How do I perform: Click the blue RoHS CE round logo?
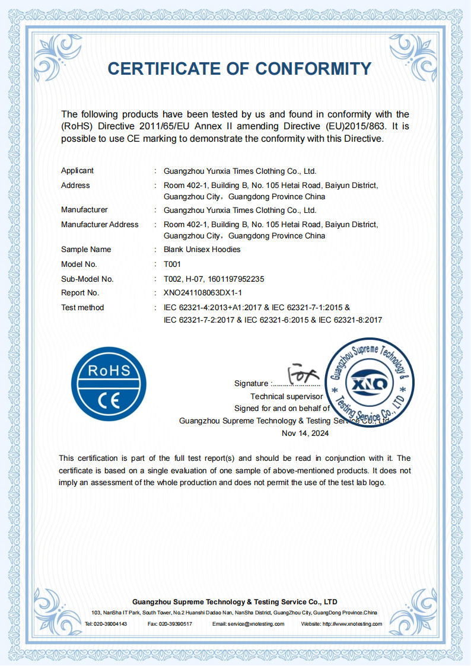pos(109,384)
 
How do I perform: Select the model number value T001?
pos(172,265)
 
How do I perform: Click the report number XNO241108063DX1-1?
pos(203,293)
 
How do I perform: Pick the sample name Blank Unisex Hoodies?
pos(202,250)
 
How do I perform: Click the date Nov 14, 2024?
pos(305,434)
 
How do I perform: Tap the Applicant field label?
pos(77,171)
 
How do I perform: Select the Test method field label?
pos(82,308)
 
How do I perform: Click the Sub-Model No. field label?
pos(87,279)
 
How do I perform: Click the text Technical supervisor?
pos(287,396)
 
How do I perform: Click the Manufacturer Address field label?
pos(100,225)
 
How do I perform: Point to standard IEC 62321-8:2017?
pos(350,320)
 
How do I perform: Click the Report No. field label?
pos(80,293)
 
